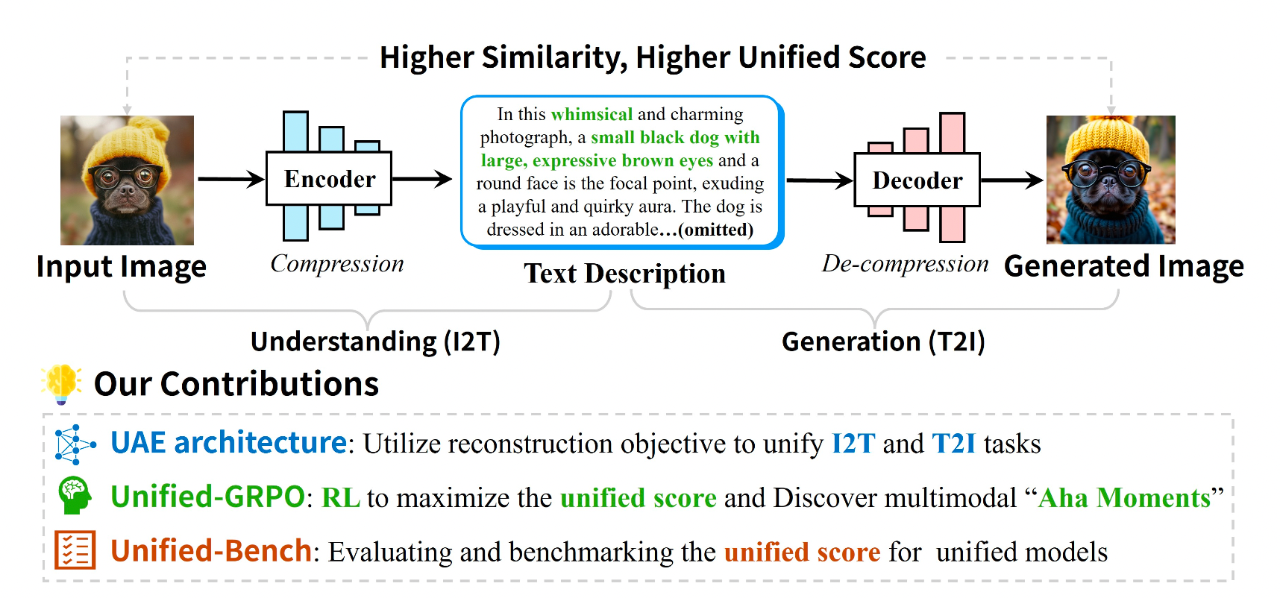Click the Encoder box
pos(329,179)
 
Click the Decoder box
pos(917,180)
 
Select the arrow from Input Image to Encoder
pos(231,179)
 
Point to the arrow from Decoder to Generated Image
pos(1011,180)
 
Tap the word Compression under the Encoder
pos(337,263)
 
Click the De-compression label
pos(905,264)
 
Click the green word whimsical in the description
pos(592,114)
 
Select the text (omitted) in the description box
pos(715,230)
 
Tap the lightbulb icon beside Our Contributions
pos(62,383)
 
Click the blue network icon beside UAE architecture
pos(75,444)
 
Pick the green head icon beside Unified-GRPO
pos(75,496)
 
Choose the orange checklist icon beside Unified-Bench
pos(75,550)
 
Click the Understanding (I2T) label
pos(375,342)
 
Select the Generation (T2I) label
pos(883,342)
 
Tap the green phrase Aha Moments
pos(1124,497)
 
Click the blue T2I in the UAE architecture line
pos(954,444)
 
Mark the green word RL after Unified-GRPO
pos(341,497)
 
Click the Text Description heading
pos(624,274)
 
